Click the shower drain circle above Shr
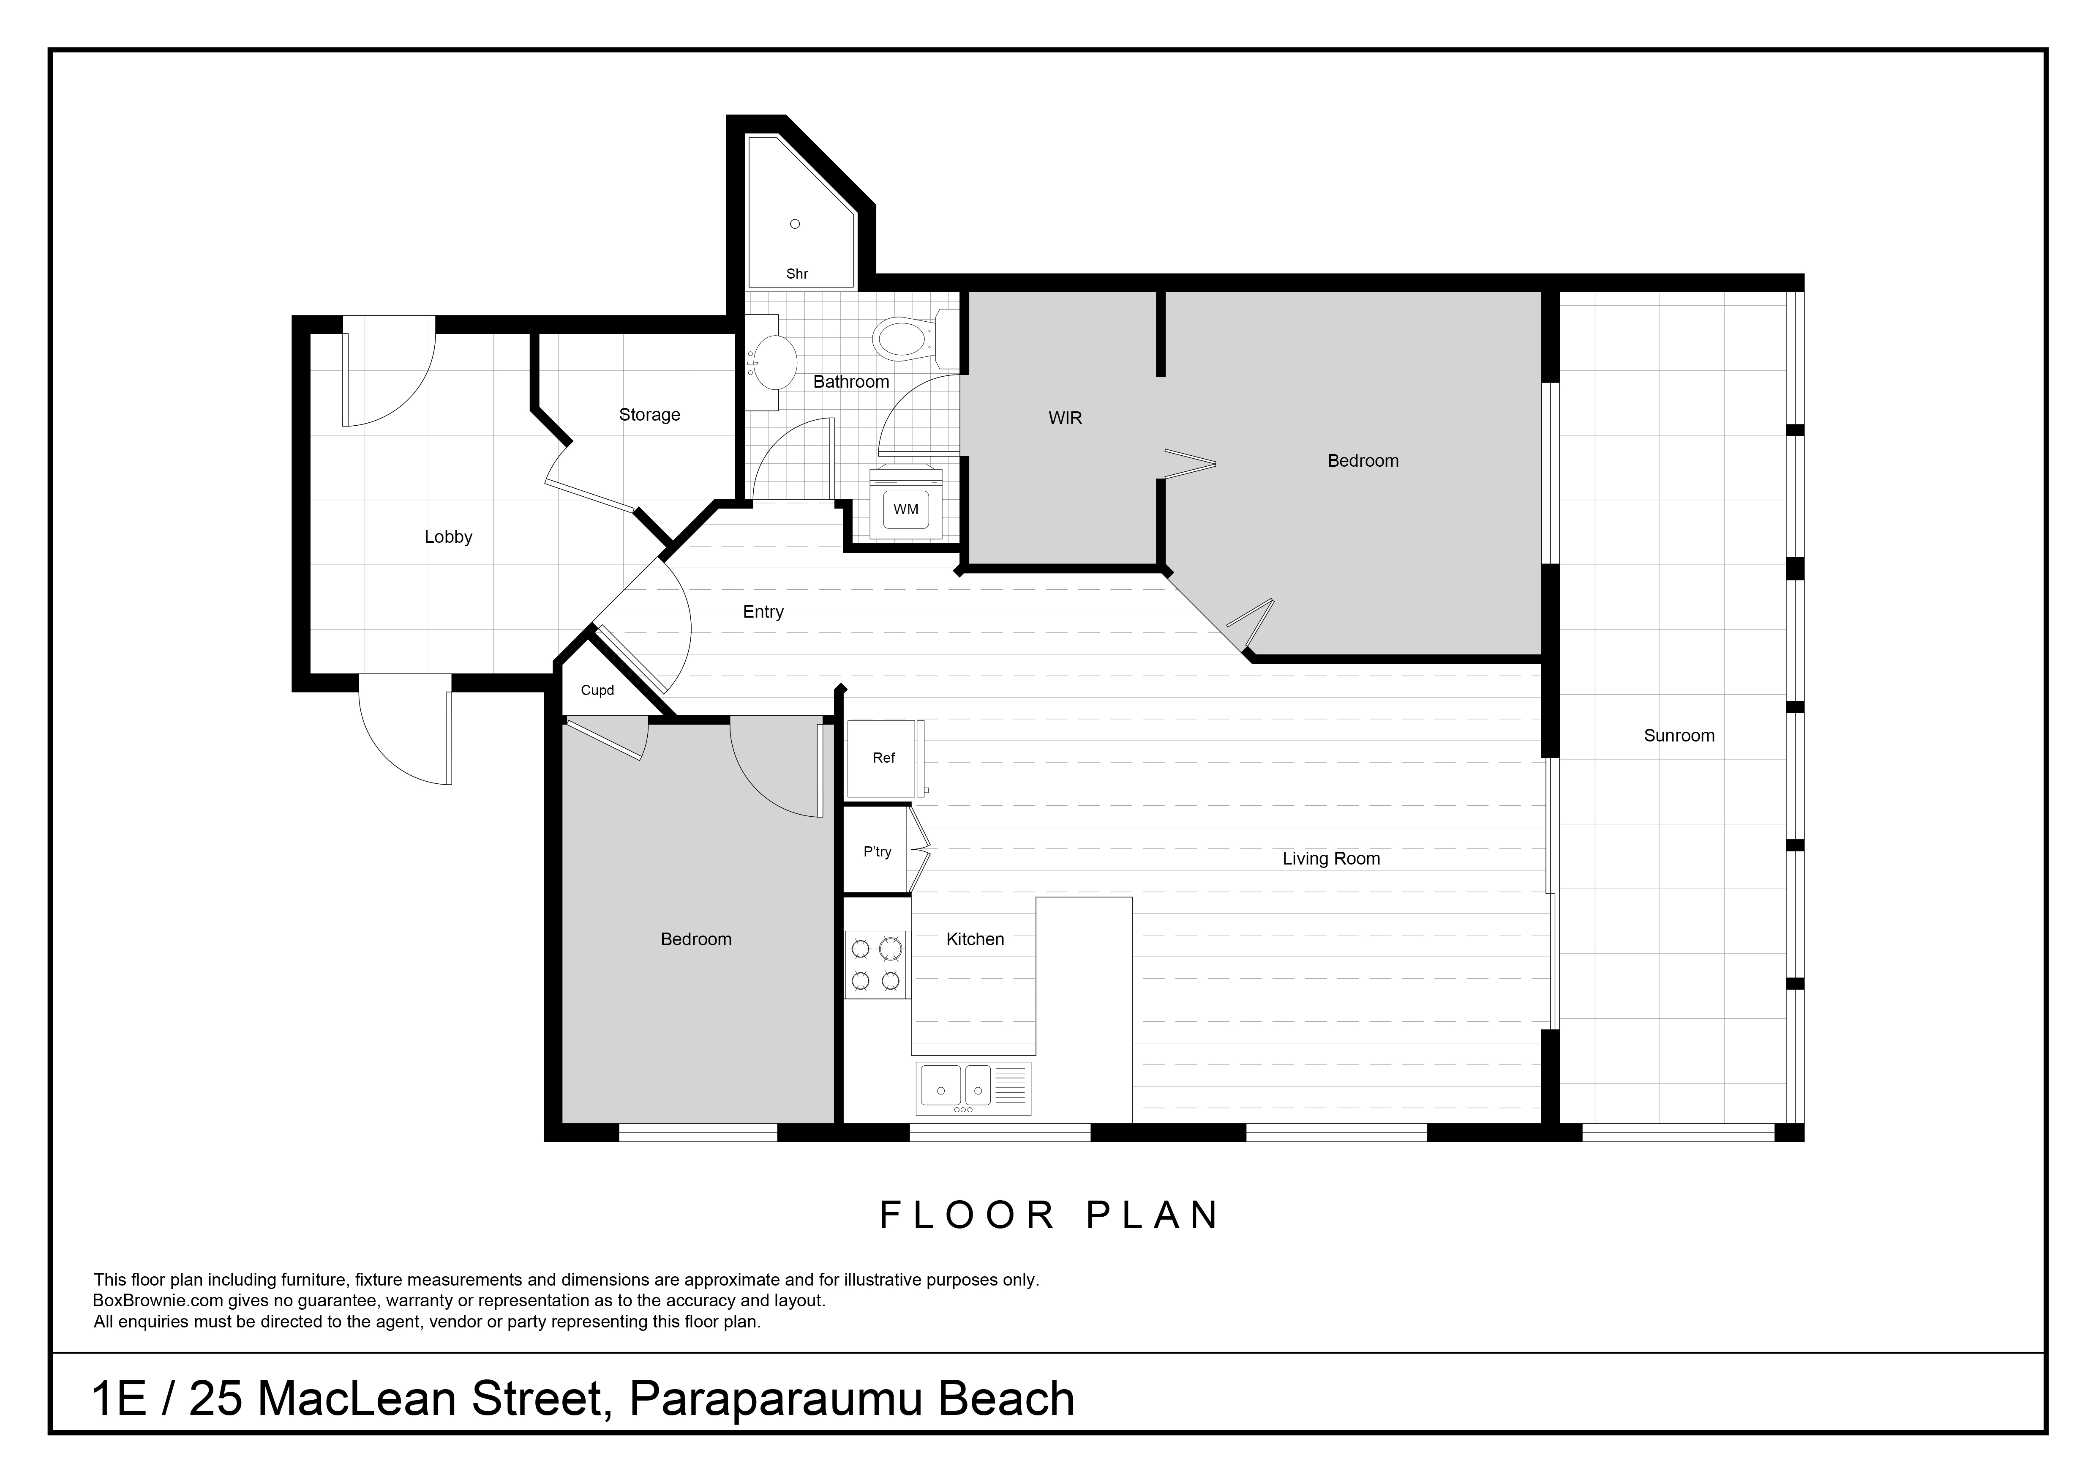pyautogui.click(x=795, y=224)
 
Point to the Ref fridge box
pyautogui.click(x=884, y=758)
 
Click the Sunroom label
pyautogui.click(x=1679, y=735)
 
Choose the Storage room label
pyautogui.click(x=649, y=415)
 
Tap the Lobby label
pyautogui.click(x=448, y=537)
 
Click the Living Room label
pyautogui.click(x=1331, y=858)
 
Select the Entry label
pyautogui.click(x=763, y=612)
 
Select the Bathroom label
pyautogui.click(x=851, y=382)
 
